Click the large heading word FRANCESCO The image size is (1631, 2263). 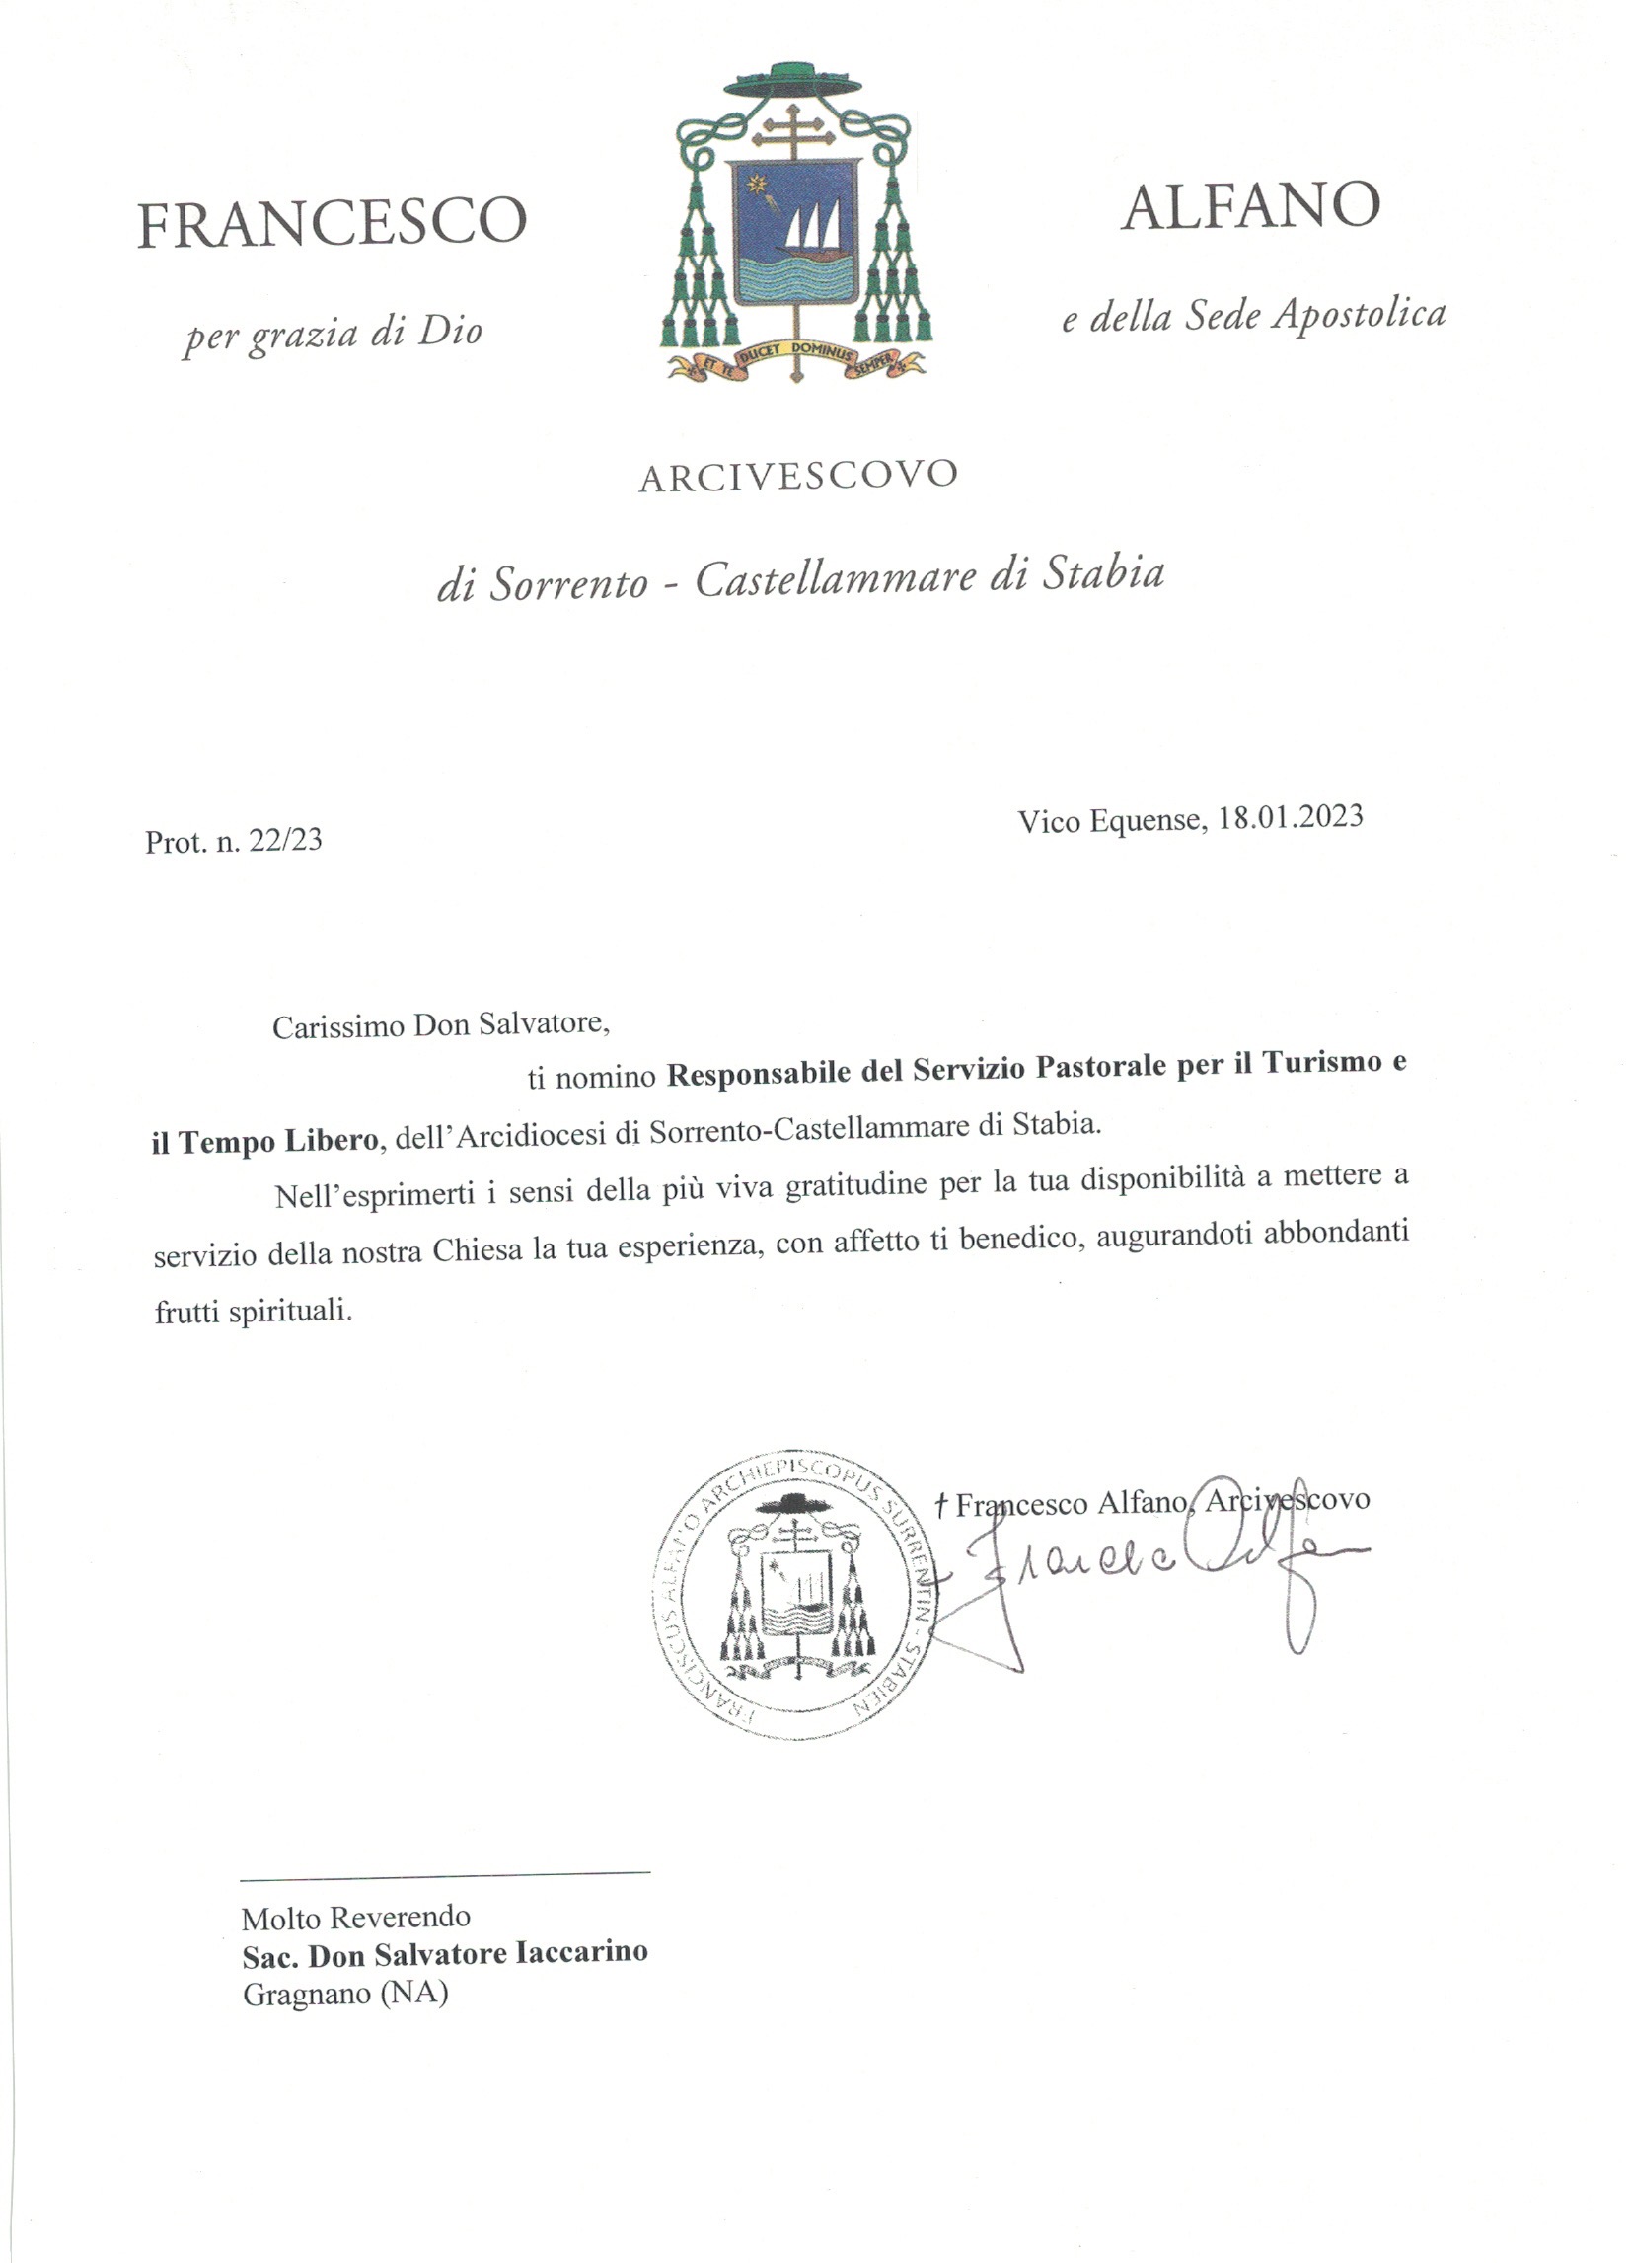332,222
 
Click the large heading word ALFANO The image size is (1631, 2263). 1250,206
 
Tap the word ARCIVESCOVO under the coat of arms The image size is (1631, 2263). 798,476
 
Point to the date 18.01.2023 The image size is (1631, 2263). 1290,816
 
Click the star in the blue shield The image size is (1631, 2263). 756,186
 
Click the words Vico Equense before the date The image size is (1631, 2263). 1107,822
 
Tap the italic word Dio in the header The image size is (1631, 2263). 450,332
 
